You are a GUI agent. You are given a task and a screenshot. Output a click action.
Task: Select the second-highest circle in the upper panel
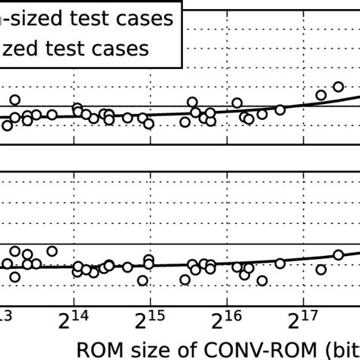click(x=321, y=95)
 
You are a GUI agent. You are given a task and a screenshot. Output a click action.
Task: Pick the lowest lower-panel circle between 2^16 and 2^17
click(x=263, y=280)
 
